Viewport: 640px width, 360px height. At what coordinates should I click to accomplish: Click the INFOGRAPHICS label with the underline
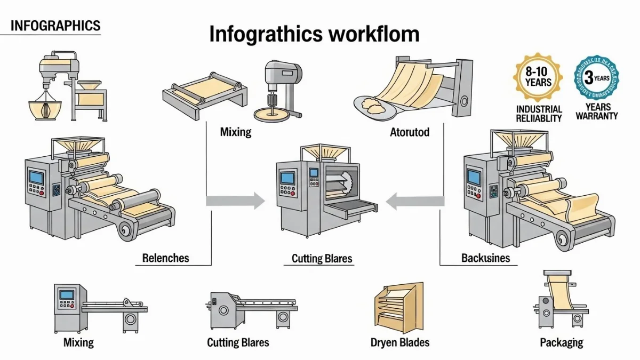[55, 25]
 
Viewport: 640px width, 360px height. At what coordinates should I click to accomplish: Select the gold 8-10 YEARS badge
[538, 77]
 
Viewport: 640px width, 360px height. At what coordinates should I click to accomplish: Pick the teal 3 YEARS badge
[596, 78]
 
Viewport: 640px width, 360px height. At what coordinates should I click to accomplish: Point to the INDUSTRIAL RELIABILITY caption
[539, 113]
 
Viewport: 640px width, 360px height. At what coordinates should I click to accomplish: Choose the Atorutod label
[409, 132]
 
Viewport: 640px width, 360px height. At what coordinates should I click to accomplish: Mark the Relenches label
[165, 258]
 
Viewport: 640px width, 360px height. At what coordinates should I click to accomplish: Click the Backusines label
[485, 258]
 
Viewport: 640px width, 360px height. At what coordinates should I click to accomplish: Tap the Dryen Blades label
[400, 342]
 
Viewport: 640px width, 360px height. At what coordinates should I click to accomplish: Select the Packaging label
[561, 342]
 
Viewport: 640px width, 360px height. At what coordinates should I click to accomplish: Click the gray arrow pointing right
[235, 201]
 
